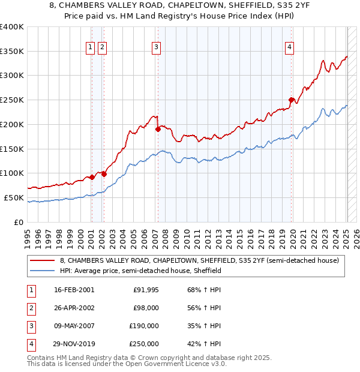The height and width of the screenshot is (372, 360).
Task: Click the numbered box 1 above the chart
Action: click(91, 47)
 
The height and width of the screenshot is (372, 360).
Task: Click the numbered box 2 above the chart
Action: click(102, 47)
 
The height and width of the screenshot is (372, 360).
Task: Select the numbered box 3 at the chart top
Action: click(156, 47)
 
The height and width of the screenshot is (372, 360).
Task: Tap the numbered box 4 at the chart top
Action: click(289, 47)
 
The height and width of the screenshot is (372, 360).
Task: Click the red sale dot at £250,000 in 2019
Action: click(291, 100)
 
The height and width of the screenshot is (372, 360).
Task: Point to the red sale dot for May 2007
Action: click(158, 128)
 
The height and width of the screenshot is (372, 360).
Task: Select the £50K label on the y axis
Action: click(14, 197)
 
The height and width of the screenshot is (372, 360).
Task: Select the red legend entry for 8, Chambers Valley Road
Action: click(199, 260)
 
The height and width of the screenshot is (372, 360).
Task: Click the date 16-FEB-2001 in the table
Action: click(74, 290)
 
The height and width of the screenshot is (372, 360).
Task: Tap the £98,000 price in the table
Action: click(145, 308)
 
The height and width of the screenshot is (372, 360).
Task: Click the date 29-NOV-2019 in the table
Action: click(74, 344)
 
